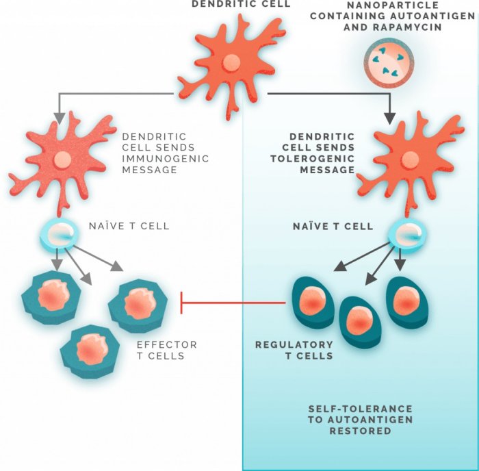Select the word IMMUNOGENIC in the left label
pyautogui.click(x=167, y=159)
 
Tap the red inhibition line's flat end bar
pyautogui.click(x=181, y=302)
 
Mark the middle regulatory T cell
pyautogui.click(x=359, y=320)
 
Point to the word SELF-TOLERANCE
pyautogui.click(x=360, y=409)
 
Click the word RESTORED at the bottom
pyautogui.click(x=360, y=431)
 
